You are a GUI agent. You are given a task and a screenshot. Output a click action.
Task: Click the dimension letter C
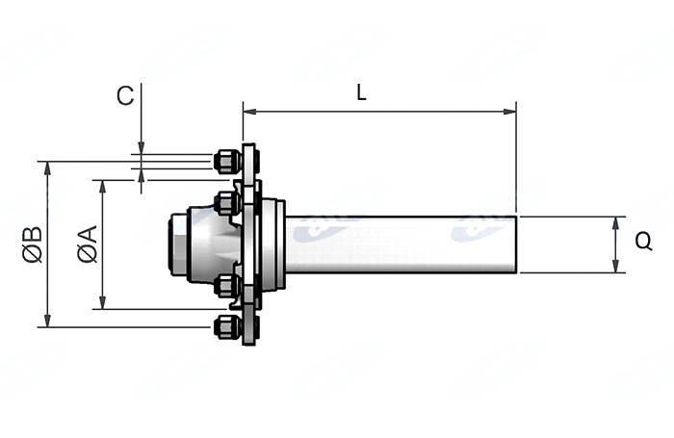[125, 95]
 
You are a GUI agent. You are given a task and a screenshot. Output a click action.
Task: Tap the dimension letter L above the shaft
[361, 92]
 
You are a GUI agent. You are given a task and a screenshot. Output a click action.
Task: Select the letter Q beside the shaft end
[644, 244]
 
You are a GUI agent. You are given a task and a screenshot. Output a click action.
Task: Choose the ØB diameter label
[33, 244]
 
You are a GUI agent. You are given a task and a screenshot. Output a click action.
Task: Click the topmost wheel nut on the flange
[226, 161]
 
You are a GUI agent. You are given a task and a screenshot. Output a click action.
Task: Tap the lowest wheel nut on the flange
[226, 327]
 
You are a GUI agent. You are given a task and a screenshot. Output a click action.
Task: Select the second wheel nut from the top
[226, 203]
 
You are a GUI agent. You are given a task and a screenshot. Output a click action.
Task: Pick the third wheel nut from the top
[226, 285]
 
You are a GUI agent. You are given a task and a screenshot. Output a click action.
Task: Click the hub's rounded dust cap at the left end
[179, 245]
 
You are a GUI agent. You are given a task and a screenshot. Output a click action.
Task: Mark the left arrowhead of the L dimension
[247, 112]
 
